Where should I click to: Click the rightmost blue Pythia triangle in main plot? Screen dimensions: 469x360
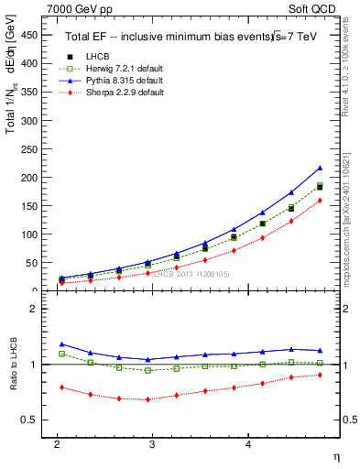click(x=320, y=168)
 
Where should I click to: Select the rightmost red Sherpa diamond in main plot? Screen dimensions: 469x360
click(x=320, y=201)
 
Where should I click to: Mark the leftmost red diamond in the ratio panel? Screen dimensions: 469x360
click(x=58, y=387)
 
